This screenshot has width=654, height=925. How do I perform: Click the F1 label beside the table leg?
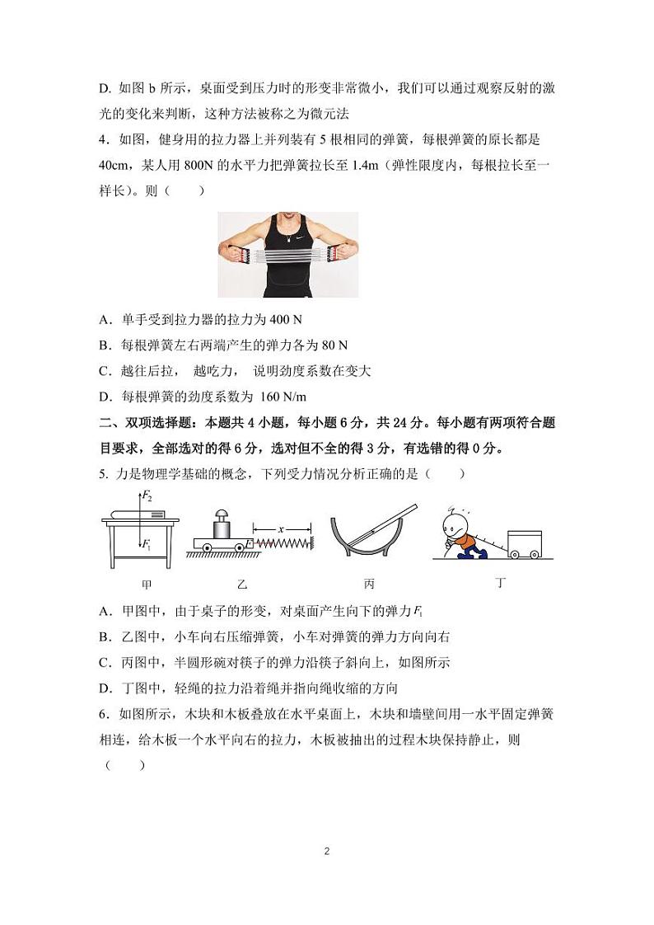(147, 544)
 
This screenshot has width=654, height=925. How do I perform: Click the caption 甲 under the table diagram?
(147, 584)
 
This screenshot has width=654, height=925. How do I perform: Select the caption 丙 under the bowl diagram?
(369, 584)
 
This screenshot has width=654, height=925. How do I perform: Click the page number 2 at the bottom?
(327, 851)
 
